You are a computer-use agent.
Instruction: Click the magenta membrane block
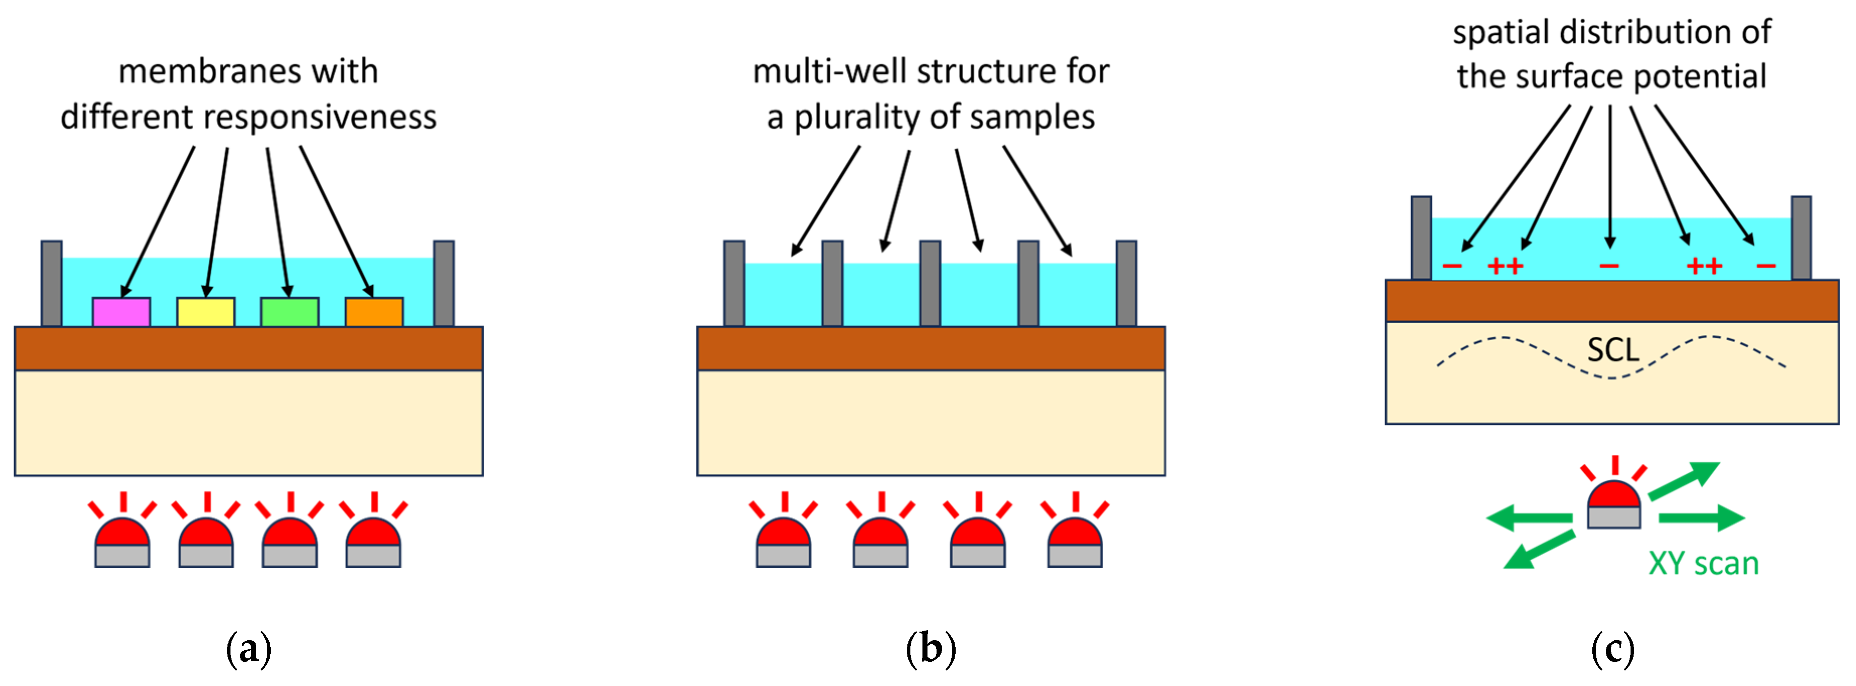pos(121,312)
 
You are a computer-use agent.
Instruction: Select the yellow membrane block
pos(205,312)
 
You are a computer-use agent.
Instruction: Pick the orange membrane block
pos(373,312)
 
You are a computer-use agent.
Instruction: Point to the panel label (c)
pos(1612,649)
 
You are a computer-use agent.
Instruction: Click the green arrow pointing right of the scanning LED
pos(1701,517)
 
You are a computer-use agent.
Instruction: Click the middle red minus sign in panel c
pos(1609,266)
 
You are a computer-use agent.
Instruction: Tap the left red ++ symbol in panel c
pos(1505,266)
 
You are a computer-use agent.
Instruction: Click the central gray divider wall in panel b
pos(930,283)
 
